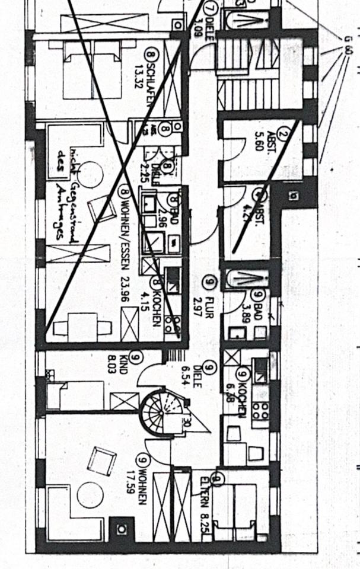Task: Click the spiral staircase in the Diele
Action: (x=160, y=411)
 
